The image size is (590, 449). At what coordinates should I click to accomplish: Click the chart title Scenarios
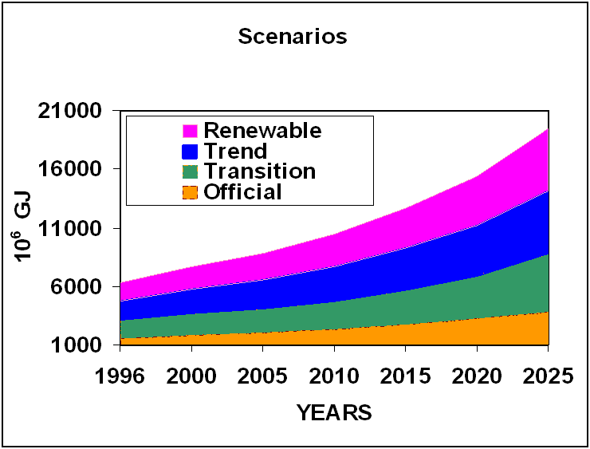click(293, 37)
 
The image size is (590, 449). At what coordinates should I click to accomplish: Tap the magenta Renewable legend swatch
click(190, 131)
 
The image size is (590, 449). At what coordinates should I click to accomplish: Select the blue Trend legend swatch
click(190, 152)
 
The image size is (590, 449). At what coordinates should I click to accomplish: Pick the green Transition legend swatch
click(190, 171)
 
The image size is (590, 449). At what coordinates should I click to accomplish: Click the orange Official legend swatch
click(190, 192)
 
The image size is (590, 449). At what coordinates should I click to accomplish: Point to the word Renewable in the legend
click(262, 130)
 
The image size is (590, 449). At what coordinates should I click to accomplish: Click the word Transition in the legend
click(259, 171)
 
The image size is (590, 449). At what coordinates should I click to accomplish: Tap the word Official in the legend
click(242, 192)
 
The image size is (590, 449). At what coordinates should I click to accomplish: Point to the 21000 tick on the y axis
click(69, 111)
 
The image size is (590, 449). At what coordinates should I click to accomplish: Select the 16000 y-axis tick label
click(69, 169)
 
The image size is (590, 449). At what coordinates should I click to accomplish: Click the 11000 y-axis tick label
click(69, 228)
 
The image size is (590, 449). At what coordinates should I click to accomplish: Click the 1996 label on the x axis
click(120, 375)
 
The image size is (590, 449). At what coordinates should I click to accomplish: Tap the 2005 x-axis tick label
click(263, 375)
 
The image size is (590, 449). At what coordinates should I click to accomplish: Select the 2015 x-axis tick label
click(405, 375)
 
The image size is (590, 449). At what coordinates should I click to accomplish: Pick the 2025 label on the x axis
click(547, 375)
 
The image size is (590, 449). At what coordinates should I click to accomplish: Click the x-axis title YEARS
click(334, 412)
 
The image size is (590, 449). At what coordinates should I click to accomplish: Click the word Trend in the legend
click(235, 151)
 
